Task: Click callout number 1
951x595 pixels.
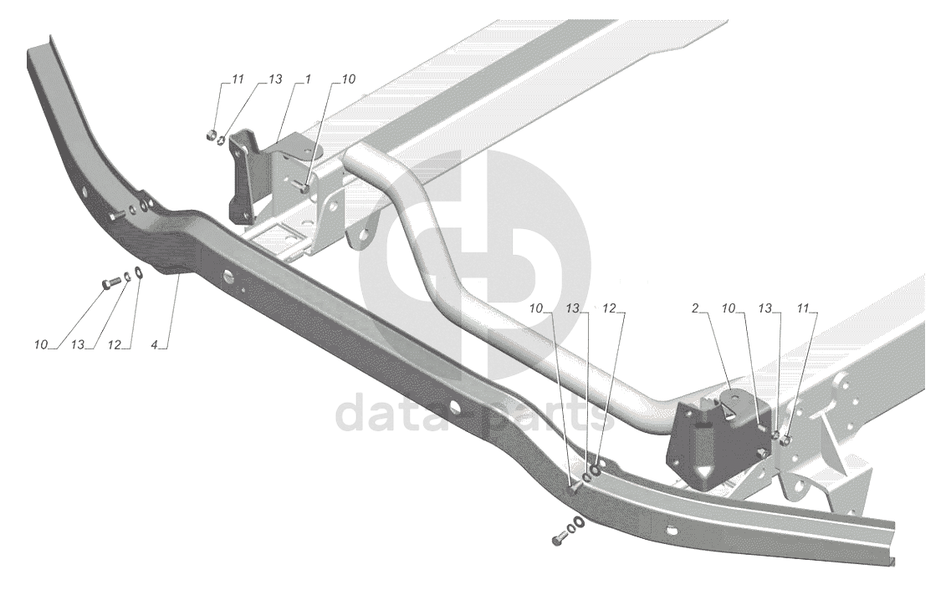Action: coord(308,79)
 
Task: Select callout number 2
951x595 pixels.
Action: coord(695,308)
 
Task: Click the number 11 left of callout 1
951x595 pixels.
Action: coord(238,79)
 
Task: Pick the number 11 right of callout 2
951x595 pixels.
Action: coord(804,308)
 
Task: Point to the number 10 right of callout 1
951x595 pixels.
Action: coord(348,79)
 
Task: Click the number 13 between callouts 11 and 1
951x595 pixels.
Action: coord(275,79)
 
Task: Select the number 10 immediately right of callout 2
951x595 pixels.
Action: coord(729,308)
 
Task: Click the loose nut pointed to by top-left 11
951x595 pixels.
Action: coord(210,134)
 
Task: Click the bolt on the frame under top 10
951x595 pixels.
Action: coord(306,188)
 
